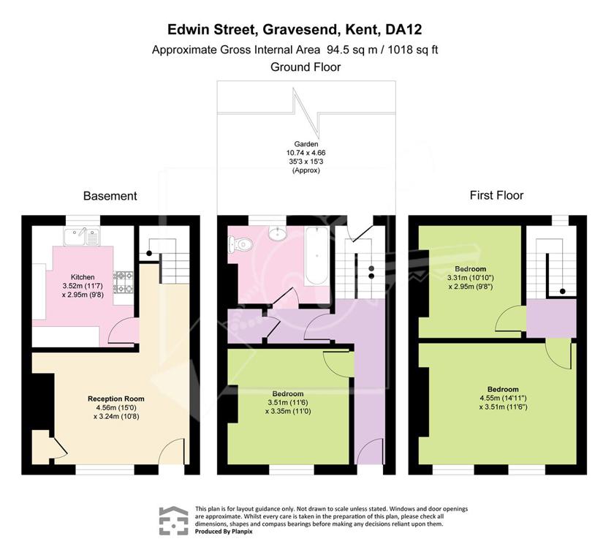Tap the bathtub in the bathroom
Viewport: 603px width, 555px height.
[317, 255]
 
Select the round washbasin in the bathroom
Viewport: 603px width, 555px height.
[277, 233]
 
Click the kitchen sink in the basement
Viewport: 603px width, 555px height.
[83, 236]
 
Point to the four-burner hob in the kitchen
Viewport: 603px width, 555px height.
[123, 282]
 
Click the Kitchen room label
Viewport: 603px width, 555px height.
[83, 277]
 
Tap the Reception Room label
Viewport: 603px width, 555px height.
[115, 399]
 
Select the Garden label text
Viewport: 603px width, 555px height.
[306, 144]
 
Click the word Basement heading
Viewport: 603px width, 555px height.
[110, 196]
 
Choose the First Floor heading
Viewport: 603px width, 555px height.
[496, 195]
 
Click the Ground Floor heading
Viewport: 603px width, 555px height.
[306, 67]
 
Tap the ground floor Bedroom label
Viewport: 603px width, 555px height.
[288, 394]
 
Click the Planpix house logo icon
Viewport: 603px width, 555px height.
[174, 521]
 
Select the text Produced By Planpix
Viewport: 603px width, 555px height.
[224, 532]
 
